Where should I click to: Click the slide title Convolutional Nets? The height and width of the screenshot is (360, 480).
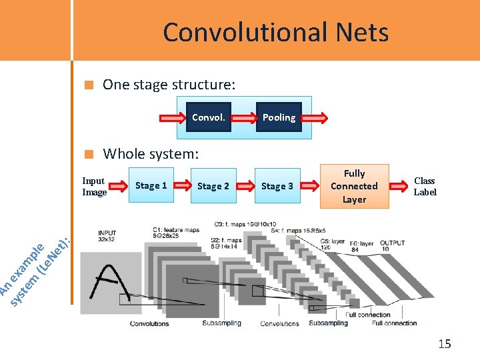(x=275, y=32)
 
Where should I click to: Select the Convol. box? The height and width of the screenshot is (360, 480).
(x=208, y=117)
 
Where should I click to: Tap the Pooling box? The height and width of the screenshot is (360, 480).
(x=278, y=117)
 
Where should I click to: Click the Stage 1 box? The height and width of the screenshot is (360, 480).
(x=151, y=185)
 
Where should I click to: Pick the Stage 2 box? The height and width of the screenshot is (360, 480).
(x=213, y=186)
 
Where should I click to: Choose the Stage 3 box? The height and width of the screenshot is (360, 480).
(x=277, y=186)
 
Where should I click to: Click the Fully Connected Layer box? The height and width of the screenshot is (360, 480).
(x=354, y=186)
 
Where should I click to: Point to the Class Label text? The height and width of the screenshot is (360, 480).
(x=425, y=186)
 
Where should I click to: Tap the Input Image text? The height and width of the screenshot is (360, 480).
(x=94, y=187)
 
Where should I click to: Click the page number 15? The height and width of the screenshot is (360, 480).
(x=444, y=344)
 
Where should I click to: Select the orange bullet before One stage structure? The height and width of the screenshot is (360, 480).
(x=88, y=85)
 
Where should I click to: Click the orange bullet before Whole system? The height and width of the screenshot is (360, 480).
(x=88, y=155)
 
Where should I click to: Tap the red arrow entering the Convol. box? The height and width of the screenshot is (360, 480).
(x=171, y=119)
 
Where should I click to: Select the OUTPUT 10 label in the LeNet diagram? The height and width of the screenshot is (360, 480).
(x=392, y=245)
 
